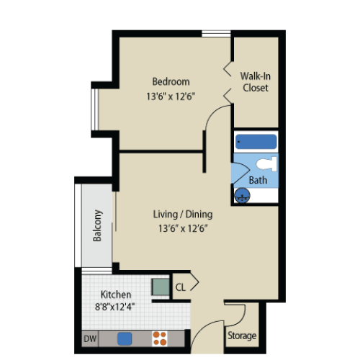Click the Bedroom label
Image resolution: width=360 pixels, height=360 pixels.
click(x=171, y=81)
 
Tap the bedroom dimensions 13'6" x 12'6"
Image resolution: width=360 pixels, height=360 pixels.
click(x=171, y=96)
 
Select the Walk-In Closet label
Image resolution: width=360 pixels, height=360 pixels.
click(x=256, y=82)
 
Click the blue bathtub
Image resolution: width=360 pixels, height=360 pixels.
click(x=256, y=142)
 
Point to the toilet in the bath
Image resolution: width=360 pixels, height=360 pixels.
click(x=266, y=163)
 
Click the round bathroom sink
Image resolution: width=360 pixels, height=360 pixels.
click(x=242, y=196)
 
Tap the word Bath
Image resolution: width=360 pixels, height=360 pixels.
click(x=258, y=180)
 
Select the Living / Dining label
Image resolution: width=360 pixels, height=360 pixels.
click(x=183, y=214)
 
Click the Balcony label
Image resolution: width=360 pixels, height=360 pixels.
click(x=97, y=225)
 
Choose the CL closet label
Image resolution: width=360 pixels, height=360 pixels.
click(x=181, y=287)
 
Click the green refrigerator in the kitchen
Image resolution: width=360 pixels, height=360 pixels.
click(x=161, y=287)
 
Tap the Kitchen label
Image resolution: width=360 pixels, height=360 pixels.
click(x=116, y=294)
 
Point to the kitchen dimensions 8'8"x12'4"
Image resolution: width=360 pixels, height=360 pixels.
click(x=114, y=307)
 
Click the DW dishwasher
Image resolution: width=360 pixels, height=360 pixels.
click(x=90, y=338)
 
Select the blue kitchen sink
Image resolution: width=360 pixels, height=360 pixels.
click(x=125, y=338)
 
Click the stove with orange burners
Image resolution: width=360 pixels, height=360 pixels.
click(x=160, y=338)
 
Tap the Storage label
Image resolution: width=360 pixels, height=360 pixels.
click(x=242, y=336)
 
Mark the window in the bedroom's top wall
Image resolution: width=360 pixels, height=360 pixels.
click(x=216, y=34)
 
